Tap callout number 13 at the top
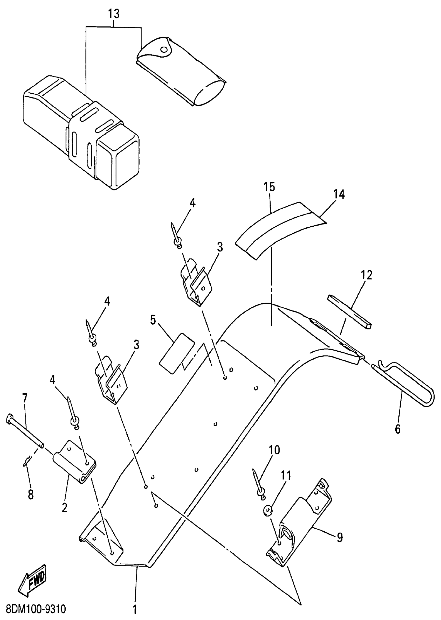coord(114,14)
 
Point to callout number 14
coord(339,194)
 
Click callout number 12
coord(366,275)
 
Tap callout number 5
coord(153,320)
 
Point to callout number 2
coord(64,507)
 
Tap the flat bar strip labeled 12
coord(349,311)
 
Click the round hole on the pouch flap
coord(164,50)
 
